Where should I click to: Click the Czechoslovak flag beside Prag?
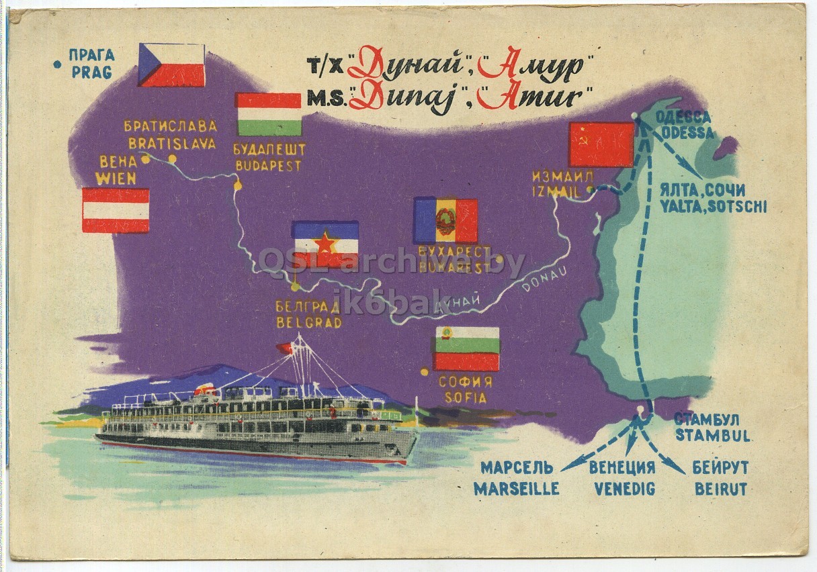pyautogui.click(x=171, y=65)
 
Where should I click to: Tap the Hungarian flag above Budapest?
pyautogui.click(x=269, y=114)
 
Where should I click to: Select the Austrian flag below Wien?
pyautogui.click(x=116, y=210)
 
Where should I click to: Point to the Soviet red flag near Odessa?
pyautogui.click(x=601, y=144)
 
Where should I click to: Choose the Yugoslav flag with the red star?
pyautogui.click(x=325, y=244)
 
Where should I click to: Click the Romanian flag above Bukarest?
pyautogui.click(x=445, y=220)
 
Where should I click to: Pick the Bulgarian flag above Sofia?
pyautogui.click(x=467, y=349)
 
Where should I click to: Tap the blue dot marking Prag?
pyautogui.click(x=58, y=64)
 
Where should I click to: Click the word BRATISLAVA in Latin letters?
pyautogui.click(x=173, y=143)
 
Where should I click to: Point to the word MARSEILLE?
pyautogui.click(x=517, y=489)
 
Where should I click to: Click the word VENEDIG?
pyautogui.click(x=622, y=489)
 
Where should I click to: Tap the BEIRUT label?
pyautogui.click(x=720, y=489)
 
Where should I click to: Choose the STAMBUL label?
pyautogui.click(x=713, y=435)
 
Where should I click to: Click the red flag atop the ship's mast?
pyautogui.click(x=284, y=348)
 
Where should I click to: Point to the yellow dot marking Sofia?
pyautogui.click(x=424, y=371)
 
